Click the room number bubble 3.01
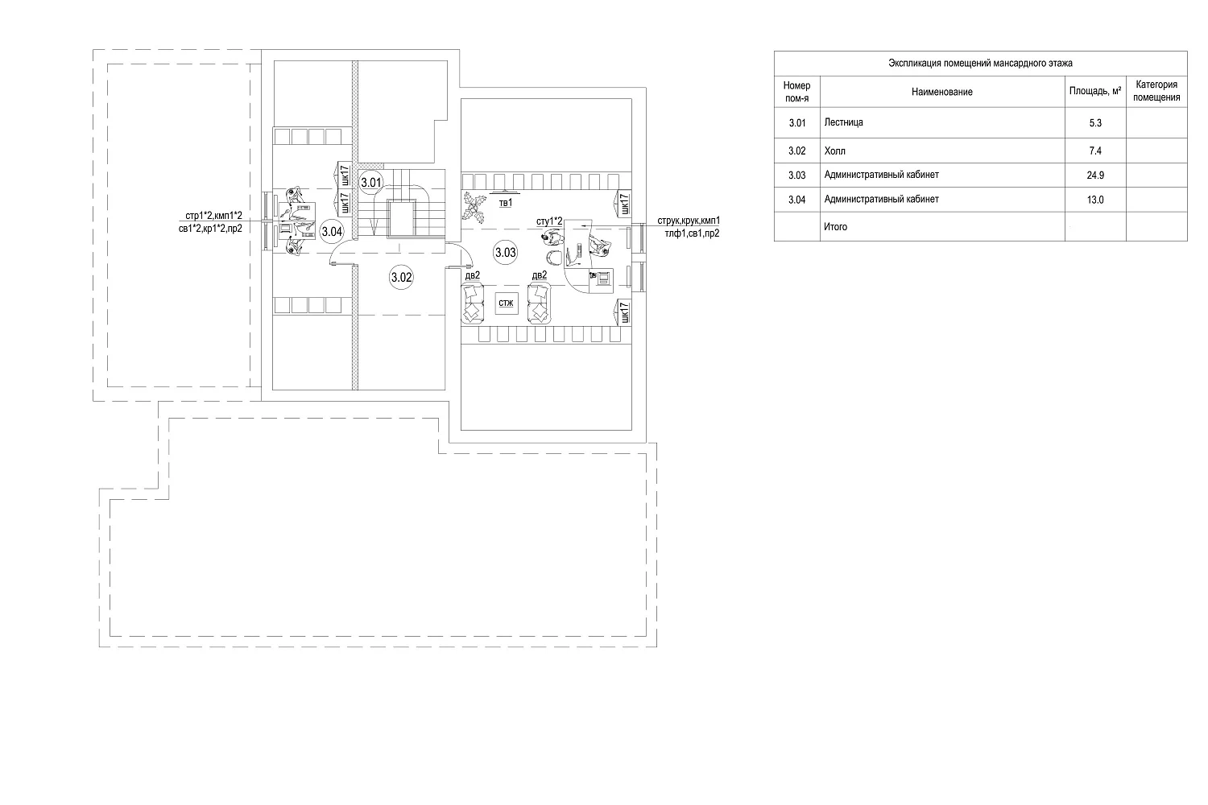click(371, 182)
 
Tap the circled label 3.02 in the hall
click(401, 278)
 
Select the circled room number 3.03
click(505, 252)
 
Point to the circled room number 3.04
click(332, 231)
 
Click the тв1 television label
click(505, 203)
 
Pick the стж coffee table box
click(507, 303)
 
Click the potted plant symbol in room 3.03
click(475, 207)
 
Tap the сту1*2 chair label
click(549, 221)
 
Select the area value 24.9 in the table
click(1095, 175)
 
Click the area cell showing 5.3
click(1095, 123)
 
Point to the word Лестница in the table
click(843, 122)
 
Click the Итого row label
click(835, 227)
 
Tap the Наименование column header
click(942, 92)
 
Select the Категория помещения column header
click(1156, 91)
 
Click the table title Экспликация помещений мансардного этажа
click(980, 63)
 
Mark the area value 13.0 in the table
click(1095, 200)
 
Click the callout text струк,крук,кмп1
click(689, 221)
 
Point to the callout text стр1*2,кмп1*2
click(214, 216)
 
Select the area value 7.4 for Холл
click(1095, 151)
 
